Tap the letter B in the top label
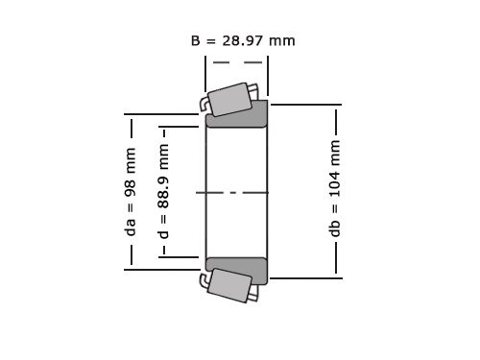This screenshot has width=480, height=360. (x=196, y=40)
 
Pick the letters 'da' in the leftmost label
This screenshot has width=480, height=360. (x=131, y=227)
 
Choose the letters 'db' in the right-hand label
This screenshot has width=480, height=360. (x=335, y=229)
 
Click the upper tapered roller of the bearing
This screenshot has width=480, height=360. (x=230, y=99)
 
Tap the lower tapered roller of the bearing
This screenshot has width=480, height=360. (x=229, y=285)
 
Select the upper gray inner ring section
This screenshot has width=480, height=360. (x=236, y=116)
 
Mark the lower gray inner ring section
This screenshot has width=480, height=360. (x=236, y=269)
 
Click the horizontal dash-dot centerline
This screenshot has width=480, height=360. (x=236, y=193)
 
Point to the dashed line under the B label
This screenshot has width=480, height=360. (x=236, y=62)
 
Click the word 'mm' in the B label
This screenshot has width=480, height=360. (x=281, y=40)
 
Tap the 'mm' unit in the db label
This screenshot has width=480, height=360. (x=335, y=151)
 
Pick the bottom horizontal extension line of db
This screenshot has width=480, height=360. (x=305, y=277)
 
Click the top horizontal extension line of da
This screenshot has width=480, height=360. (x=163, y=114)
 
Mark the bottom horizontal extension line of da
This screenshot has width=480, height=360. (x=163, y=270)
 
